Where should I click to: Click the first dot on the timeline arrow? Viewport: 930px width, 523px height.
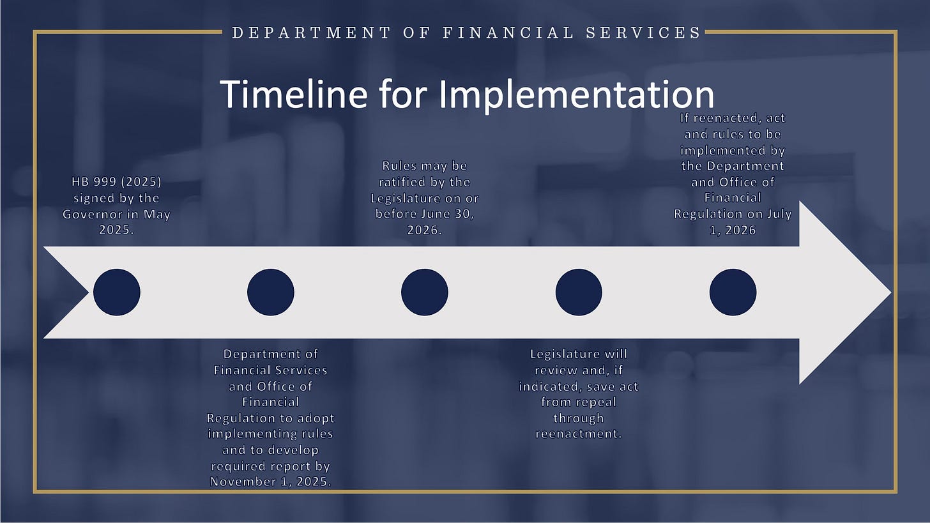(x=117, y=292)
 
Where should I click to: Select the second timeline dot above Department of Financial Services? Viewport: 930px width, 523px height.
(x=271, y=292)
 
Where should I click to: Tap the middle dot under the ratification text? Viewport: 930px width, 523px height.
(x=425, y=292)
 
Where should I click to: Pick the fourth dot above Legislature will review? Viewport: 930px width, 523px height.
(x=579, y=292)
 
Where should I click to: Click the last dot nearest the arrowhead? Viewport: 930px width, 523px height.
(x=733, y=292)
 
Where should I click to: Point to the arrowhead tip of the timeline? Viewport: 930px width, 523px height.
(x=891, y=292)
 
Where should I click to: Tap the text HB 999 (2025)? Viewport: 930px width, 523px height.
(x=117, y=182)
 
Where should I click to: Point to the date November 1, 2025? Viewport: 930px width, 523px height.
(x=271, y=481)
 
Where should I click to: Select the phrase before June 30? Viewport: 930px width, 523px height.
(x=425, y=214)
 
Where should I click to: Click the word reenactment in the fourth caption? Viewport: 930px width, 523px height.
(x=578, y=434)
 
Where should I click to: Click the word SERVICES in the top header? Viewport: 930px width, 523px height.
(x=644, y=33)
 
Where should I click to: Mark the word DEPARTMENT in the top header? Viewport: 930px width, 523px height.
(x=312, y=33)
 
